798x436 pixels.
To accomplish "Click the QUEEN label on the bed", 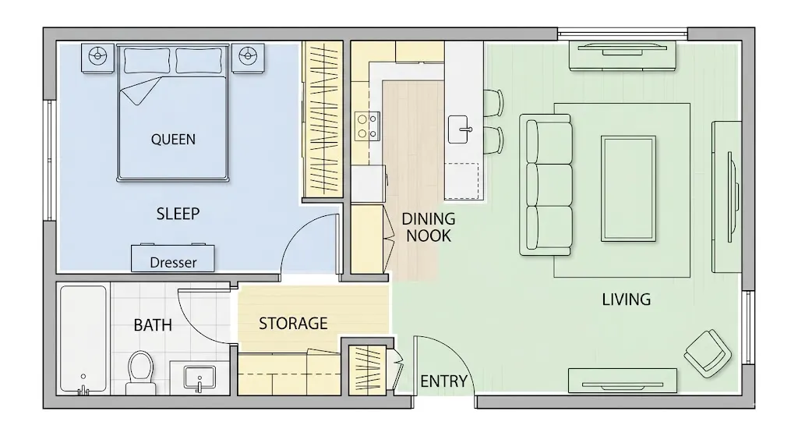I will (173, 140).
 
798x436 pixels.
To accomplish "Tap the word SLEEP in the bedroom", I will (178, 213).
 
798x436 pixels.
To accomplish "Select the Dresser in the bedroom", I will (173, 258).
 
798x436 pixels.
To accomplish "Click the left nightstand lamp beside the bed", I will (97, 56).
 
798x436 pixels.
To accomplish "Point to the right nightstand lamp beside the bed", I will (248, 56).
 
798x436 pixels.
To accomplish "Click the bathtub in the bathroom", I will (83, 340).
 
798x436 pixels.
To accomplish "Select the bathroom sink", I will (200, 377).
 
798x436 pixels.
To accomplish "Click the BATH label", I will (153, 324).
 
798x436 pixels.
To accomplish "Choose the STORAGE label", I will (293, 323).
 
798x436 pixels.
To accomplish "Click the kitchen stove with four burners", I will (368, 126).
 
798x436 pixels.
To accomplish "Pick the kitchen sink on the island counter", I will (461, 129).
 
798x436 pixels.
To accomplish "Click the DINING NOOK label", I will (428, 227).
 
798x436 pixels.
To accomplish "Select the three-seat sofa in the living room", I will (546, 184).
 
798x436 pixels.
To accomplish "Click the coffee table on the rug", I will (627, 188).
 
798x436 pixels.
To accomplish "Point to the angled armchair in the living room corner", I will (708, 353).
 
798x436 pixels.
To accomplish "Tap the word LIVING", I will (626, 300).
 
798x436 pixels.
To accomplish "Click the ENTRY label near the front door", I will (443, 381).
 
